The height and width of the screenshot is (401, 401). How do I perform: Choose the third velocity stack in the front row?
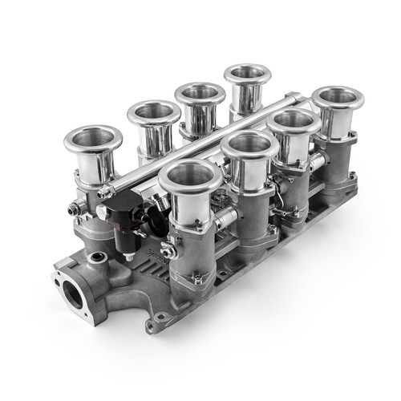294,122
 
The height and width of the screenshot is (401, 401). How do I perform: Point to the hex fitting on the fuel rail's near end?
105,192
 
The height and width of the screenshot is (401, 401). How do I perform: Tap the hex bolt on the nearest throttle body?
169,249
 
